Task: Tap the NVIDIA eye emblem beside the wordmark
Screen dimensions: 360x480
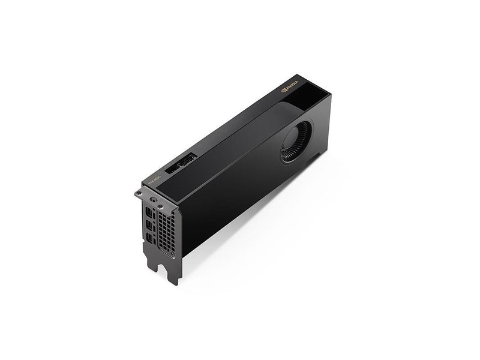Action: pyautogui.click(x=283, y=92)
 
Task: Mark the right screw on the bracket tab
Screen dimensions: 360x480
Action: pyautogui.click(x=160, y=203)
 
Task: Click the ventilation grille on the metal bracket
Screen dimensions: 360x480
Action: pyautogui.click(x=166, y=231)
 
